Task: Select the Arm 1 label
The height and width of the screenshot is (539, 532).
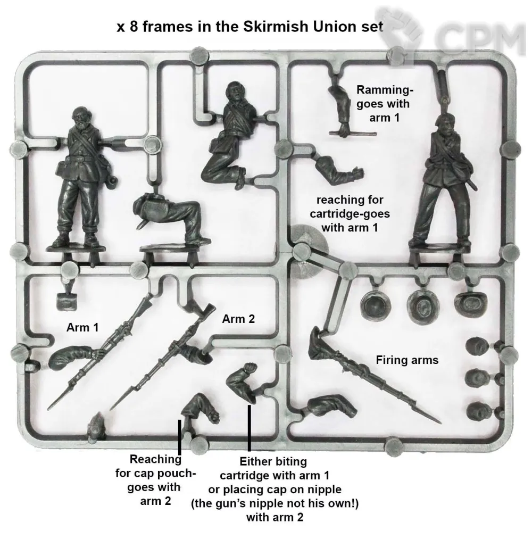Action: click(x=82, y=327)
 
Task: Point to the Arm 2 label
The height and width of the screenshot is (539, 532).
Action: click(x=238, y=319)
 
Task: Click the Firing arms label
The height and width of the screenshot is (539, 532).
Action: click(x=408, y=360)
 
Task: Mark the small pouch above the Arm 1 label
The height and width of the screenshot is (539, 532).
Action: click(x=66, y=302)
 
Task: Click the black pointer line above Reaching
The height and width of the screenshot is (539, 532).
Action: click(x=179, y=437)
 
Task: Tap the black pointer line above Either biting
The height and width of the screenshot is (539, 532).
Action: click(x=249, y=428)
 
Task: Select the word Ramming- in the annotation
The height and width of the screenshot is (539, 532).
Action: click(x=385, y=90)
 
